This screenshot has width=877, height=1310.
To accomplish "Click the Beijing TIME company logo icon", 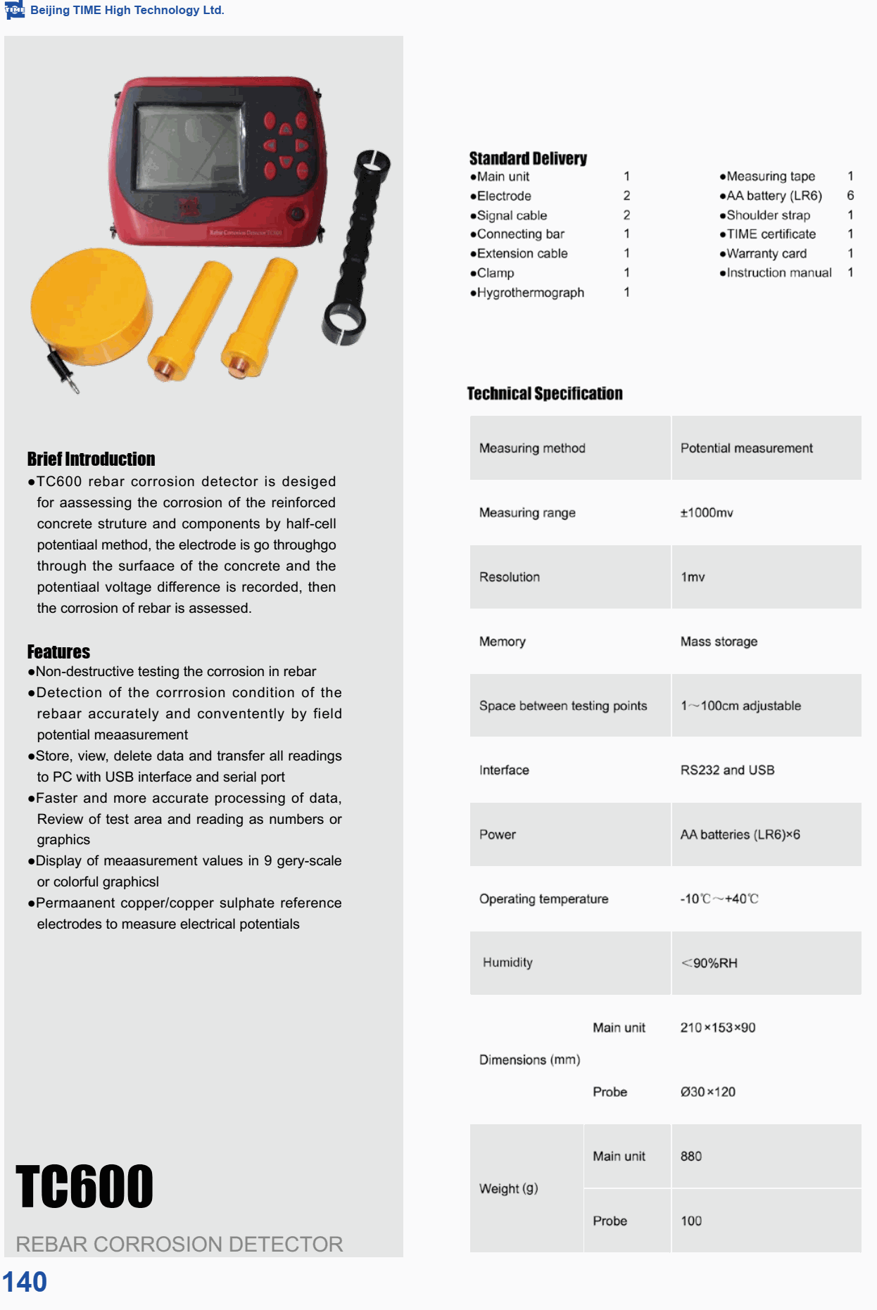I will (x=14, y=10).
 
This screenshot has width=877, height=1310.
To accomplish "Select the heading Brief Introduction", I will (x=91, y=459).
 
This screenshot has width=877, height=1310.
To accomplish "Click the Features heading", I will (x=58, y=651).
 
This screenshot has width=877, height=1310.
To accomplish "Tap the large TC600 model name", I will (x=84, y=1187).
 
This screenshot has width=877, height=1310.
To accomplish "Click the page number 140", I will (x=25, y=1282).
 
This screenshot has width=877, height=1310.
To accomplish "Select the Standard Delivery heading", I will (x=528, y=158).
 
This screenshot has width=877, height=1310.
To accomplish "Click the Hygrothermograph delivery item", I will (x=530, y=293).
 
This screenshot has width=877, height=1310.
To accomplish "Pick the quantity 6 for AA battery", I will (x=850, y=196).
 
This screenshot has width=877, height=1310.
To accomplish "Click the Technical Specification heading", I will (x=545, y=393).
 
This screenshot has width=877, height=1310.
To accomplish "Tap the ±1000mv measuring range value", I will (x=707, y=513).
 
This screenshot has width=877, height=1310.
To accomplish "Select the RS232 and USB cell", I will (x=727, y=770).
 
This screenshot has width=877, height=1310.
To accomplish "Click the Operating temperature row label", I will (x=543, y=899).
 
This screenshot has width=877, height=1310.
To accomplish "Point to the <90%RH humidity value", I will (x=709, y=963).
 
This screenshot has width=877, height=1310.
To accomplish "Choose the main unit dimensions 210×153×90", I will (x=718, y=1028).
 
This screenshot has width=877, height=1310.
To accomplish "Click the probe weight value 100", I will (x=691, y=1221).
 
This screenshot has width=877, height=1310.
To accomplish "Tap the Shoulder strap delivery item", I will (x=768, y=215).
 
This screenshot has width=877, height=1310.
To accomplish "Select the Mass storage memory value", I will (x=719, y=642).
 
